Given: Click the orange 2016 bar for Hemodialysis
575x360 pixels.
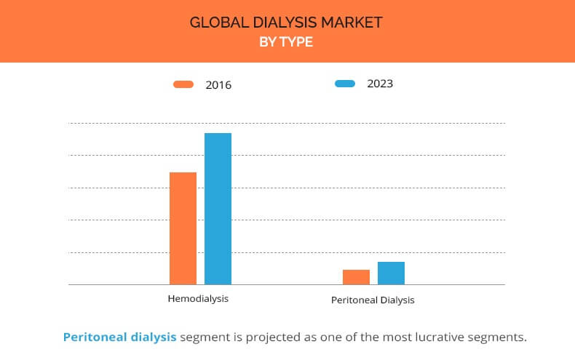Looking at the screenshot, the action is (x=183, y=228).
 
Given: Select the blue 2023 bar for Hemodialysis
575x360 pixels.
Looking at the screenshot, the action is (x=218, y=209).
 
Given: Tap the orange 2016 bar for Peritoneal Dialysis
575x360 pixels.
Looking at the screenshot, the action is (x=356, y=277).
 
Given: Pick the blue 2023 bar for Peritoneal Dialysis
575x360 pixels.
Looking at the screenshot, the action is (x=392, y=273).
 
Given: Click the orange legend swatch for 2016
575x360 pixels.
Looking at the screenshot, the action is (x=183, y=84).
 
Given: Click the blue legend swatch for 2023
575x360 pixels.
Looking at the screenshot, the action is (x=345, y=84).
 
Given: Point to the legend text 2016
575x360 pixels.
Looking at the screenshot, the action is (x=218, y=85).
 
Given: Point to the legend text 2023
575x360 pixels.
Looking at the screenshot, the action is (x=380, y=84).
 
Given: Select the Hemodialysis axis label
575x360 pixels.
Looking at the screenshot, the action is (x=198, y=299).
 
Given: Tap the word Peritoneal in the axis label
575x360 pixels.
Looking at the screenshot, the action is (x=354, y=300).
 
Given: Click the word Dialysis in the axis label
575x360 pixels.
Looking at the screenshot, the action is (x=397, y=300).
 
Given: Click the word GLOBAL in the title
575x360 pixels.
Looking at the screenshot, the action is (x=219, y=23).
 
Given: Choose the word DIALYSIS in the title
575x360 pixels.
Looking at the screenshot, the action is (x=285, y=23).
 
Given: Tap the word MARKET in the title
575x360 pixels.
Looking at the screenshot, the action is (x=352, y=23).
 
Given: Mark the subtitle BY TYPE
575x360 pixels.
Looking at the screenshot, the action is (x=286, y=41).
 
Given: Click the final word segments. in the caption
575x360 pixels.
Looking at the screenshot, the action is (x=489, y=337).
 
